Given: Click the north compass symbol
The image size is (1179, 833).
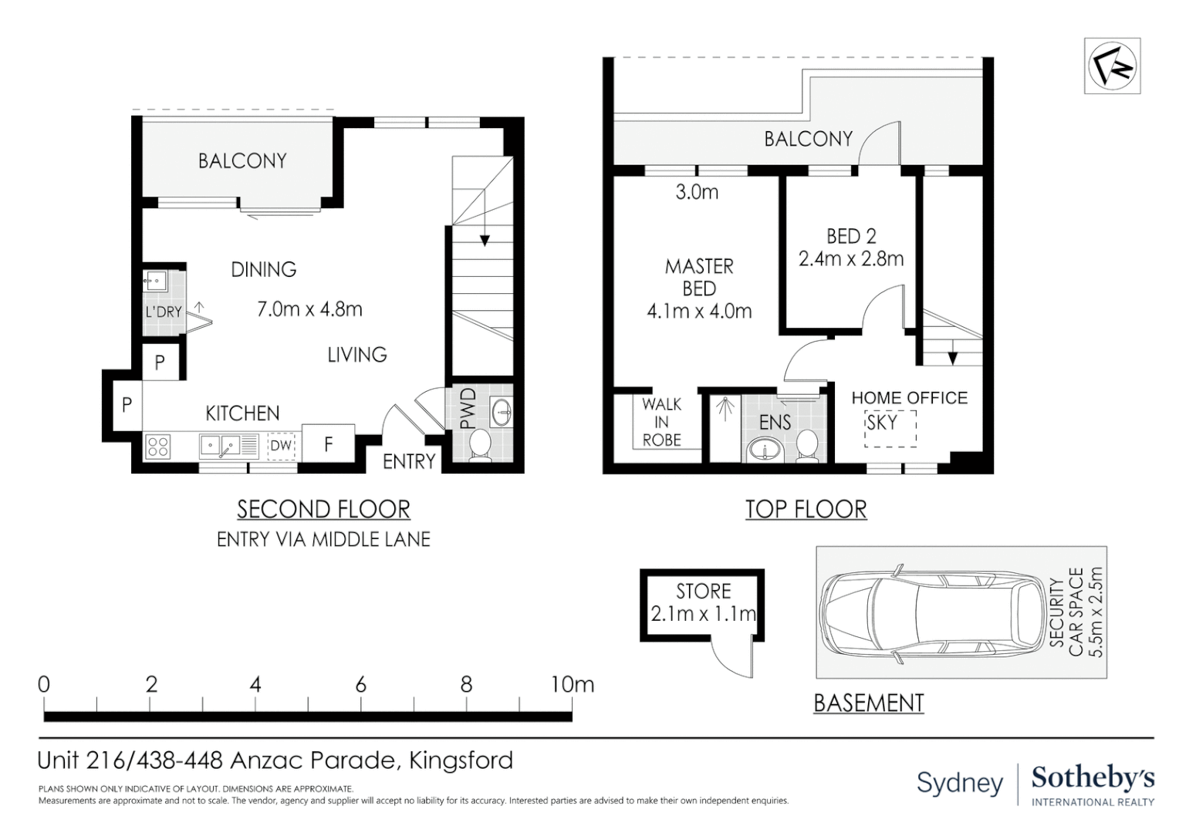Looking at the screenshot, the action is (1112, 66).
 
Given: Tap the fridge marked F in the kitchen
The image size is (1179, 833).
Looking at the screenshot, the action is (328, 444).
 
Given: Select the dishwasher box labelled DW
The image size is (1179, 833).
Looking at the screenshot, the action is (281, 446).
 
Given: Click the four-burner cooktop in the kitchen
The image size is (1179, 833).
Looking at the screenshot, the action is (158, 447).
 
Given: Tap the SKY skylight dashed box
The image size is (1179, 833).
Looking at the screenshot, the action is (890, 428).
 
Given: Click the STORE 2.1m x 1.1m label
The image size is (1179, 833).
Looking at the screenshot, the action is (703, 602).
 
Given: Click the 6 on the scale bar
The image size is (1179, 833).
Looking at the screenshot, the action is (360, 685).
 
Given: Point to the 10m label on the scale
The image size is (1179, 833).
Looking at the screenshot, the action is (573, 685).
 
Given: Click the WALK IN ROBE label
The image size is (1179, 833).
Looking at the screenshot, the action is (661, 422).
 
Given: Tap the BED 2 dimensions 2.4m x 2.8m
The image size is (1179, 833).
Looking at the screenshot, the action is (851, 259).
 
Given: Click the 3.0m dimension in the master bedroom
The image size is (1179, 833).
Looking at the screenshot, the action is (697, 192).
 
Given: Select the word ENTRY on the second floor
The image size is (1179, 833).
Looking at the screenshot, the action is (409, 461).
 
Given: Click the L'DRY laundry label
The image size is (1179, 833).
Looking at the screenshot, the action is (164, 312).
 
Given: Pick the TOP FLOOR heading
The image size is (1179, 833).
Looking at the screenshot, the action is (806, 509).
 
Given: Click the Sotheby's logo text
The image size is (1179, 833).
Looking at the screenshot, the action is (1093, 786).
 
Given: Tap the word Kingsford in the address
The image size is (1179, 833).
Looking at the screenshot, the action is (461, 760).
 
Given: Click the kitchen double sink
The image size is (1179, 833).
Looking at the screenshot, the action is (224, 447).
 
